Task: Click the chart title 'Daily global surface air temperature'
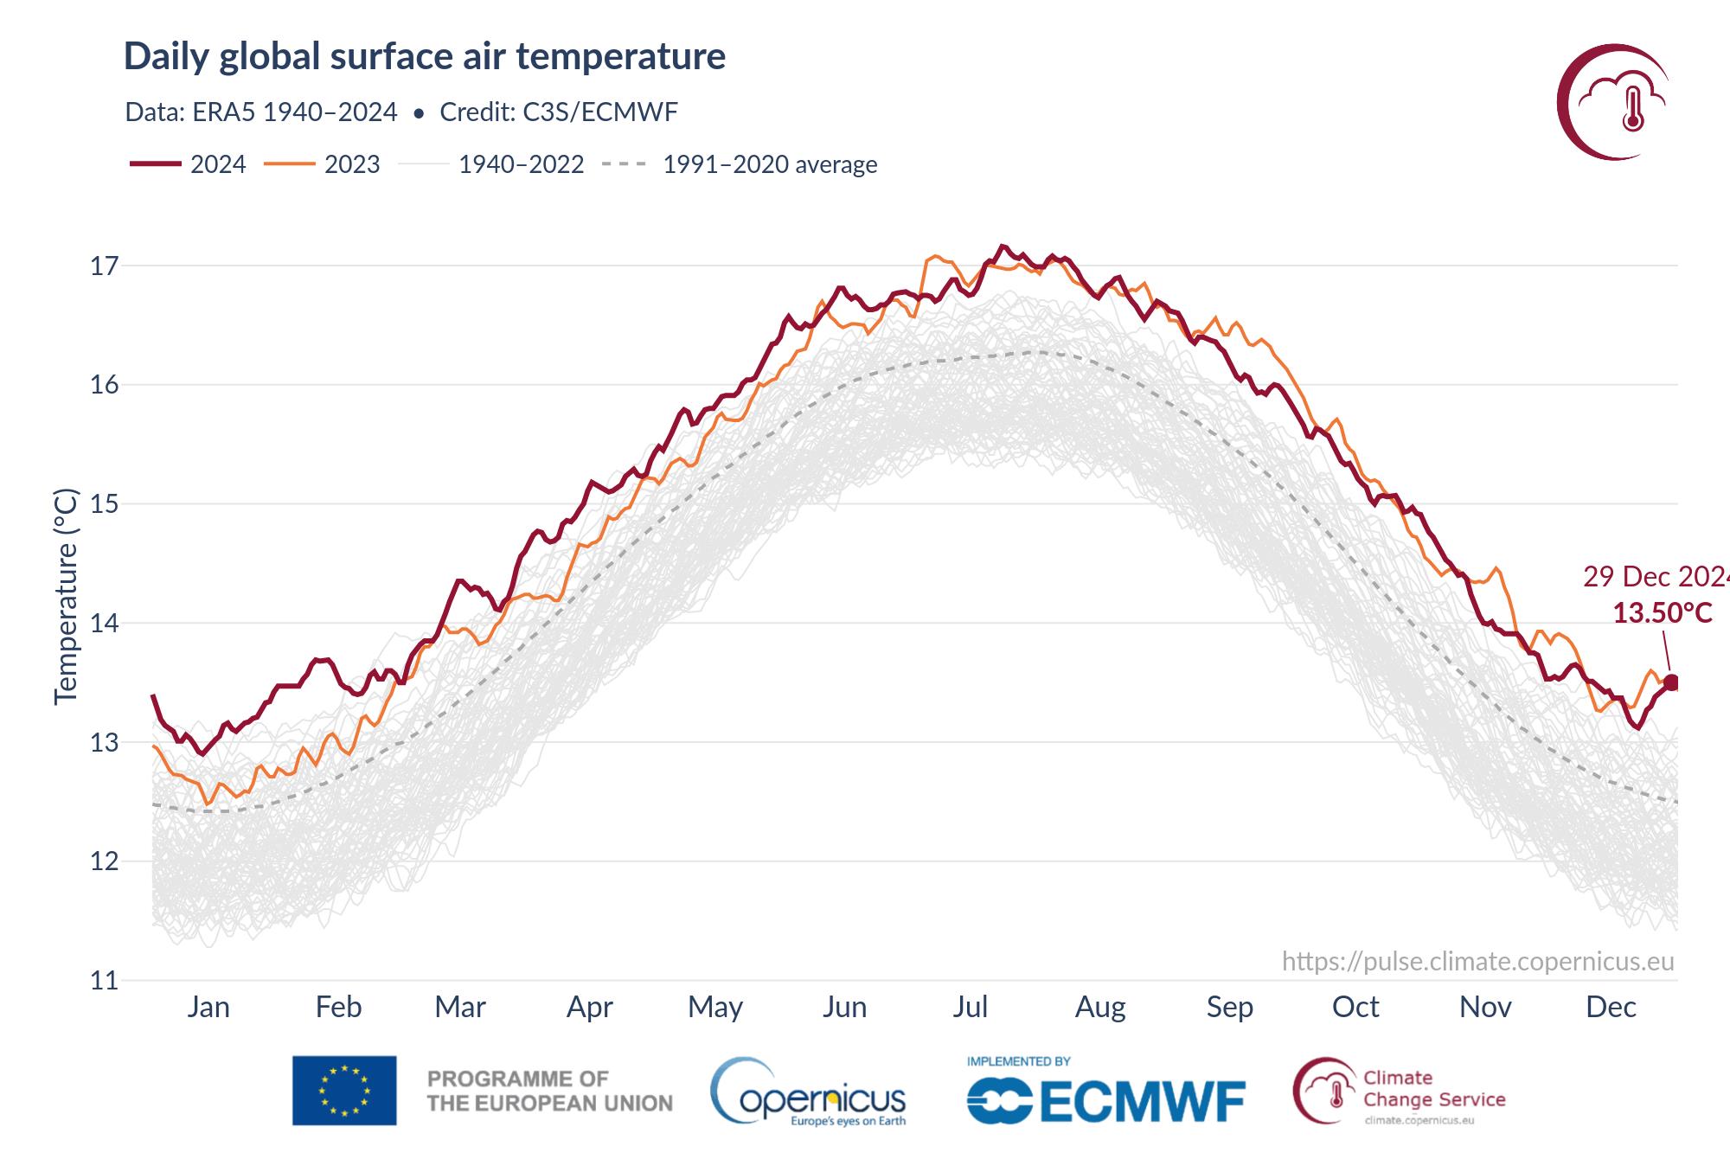425,56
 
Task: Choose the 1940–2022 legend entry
493,164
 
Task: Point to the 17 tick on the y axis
104,266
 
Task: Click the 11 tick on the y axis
104,981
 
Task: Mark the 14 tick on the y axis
104,624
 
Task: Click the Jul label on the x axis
970,1007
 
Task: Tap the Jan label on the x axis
208,1007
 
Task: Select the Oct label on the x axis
1355,1007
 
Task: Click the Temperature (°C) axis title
66,597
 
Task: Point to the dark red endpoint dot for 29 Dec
1671,682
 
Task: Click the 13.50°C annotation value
1662,613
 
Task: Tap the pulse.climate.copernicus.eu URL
1477,961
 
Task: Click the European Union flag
344,1091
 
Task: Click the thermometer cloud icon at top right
1614,102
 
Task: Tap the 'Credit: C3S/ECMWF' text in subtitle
558,112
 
